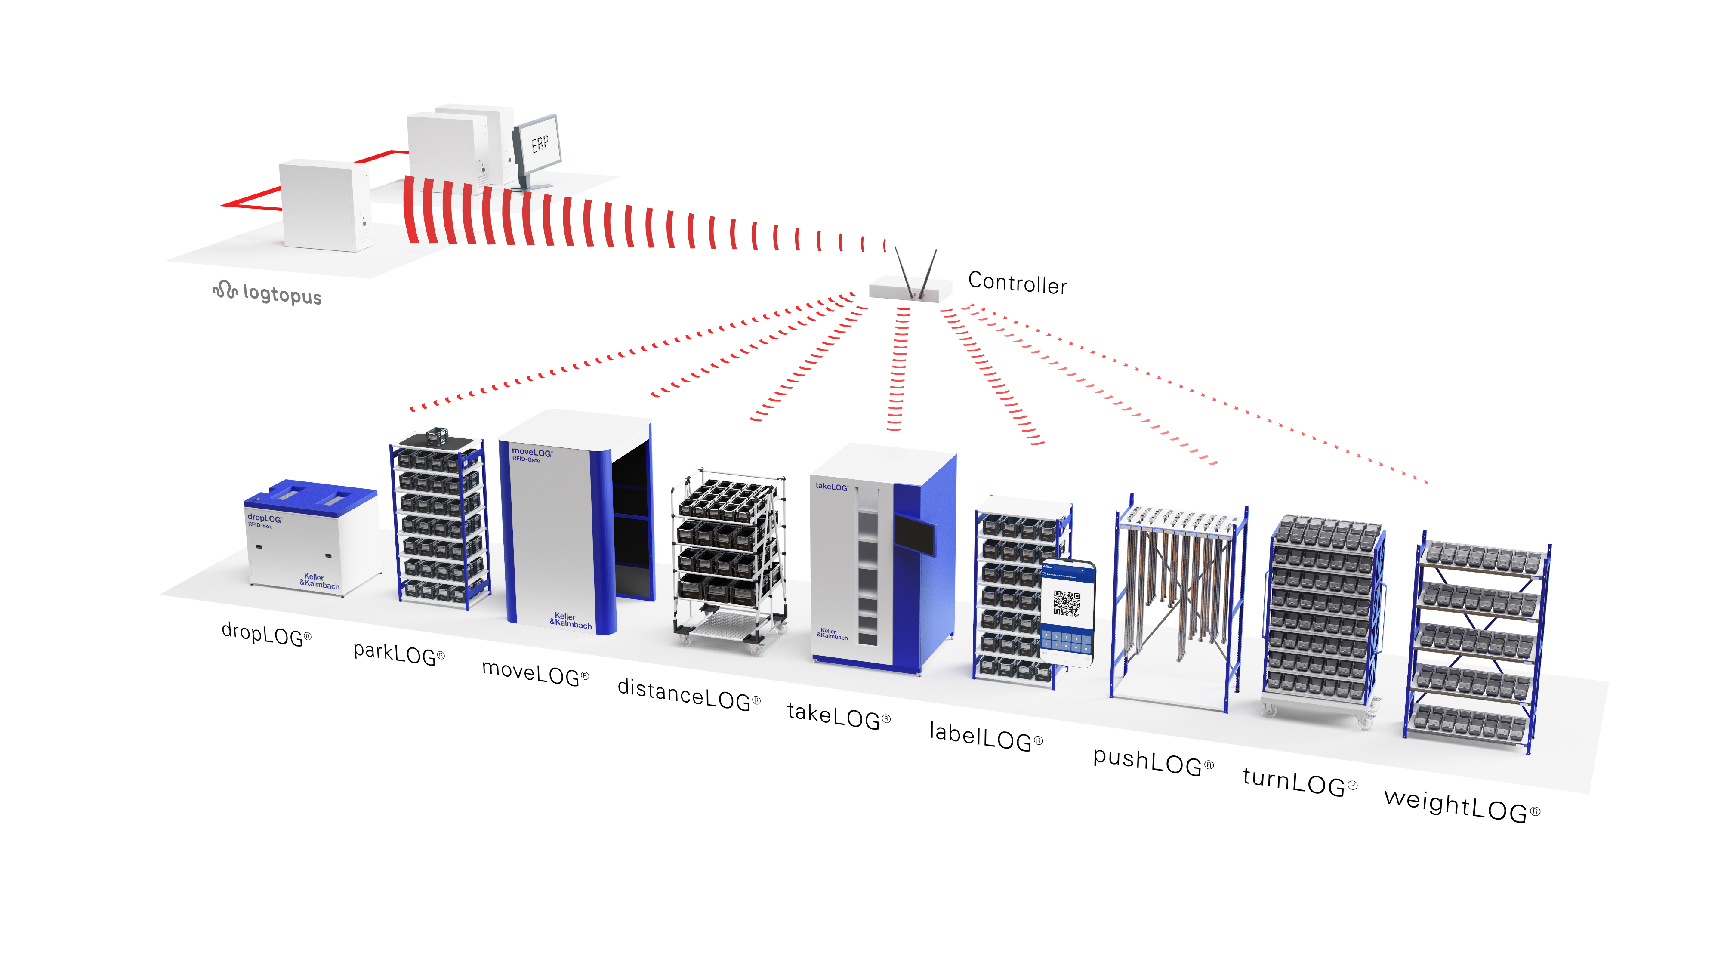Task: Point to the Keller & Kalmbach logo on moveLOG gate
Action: pos(570,621)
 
